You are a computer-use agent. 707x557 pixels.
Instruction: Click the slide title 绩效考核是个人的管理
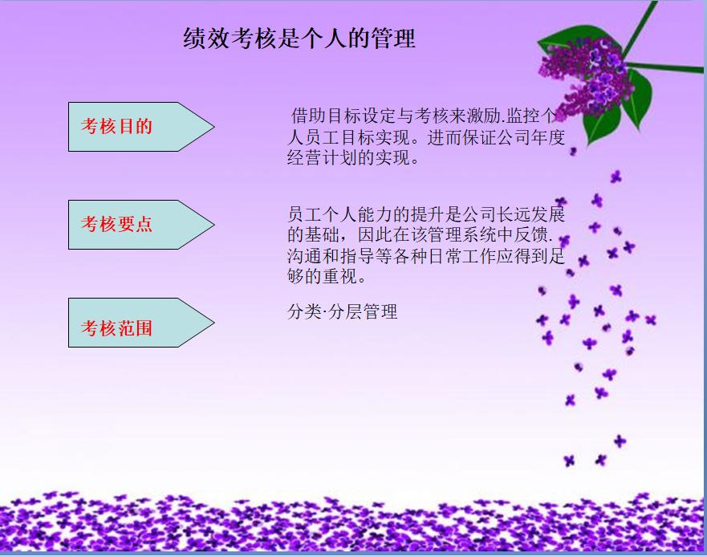299,39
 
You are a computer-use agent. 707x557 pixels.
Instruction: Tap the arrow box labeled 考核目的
128,127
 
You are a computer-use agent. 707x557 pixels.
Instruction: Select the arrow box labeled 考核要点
128,225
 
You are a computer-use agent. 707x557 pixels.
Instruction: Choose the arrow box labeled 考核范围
128,323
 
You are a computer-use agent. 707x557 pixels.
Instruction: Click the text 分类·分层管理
343,312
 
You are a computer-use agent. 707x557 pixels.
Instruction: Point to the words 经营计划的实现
353,157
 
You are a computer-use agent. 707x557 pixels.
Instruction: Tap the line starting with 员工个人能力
426,215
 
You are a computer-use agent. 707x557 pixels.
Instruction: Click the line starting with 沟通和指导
426,258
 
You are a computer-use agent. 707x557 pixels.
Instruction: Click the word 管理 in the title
393,39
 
